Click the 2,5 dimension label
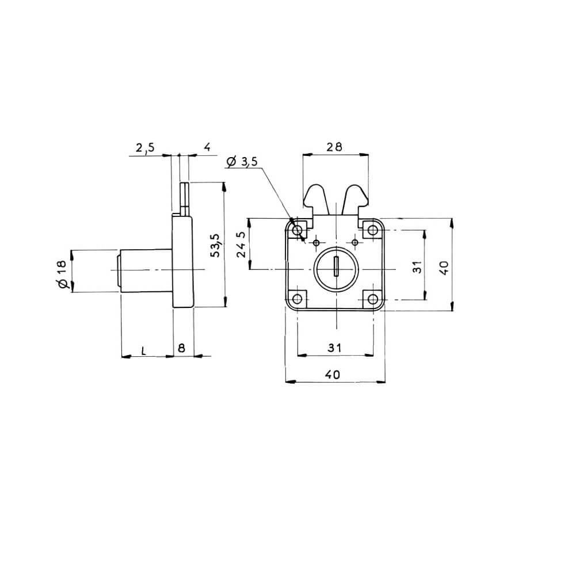pos(145,147)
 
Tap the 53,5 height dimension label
pos(215,245)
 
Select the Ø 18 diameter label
pos(62,274)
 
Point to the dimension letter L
pos(143,350)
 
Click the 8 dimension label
pos(182,348)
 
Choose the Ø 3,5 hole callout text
pos(242,162)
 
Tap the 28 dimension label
pos(334,147)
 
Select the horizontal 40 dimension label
pos(333,375)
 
